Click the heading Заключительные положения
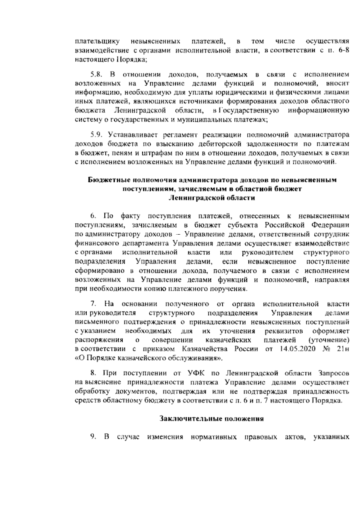(211, 419)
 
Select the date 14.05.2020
(290, 349)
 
